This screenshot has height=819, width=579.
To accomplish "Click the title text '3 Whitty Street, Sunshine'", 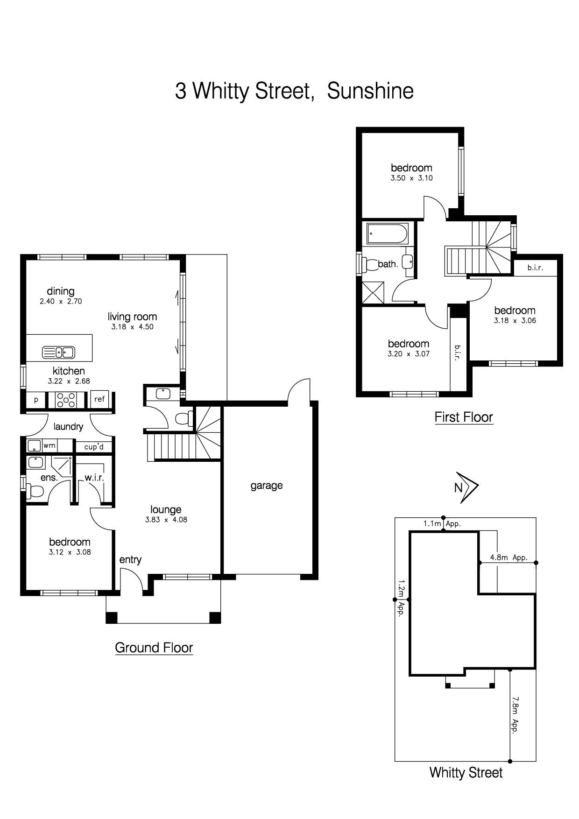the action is point(294,91).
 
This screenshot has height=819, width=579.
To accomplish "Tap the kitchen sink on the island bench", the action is point(58,352).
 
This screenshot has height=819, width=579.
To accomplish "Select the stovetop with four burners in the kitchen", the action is point(66,399).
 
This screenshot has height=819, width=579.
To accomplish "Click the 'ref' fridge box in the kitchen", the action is point(99,399).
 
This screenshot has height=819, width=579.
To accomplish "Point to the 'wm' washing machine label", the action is point(49,445).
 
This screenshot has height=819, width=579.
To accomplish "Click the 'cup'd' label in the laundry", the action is point(94,447).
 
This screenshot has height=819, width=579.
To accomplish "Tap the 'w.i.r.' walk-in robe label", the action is point(94,478).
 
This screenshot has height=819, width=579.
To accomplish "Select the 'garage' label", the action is point(267,486).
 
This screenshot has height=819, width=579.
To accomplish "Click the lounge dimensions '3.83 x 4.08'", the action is point(166,520).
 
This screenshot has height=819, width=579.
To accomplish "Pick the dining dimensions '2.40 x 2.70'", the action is point(61,302).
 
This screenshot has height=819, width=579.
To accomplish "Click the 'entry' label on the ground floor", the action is point(130,560).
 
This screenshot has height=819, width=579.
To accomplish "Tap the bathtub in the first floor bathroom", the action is point(388,233).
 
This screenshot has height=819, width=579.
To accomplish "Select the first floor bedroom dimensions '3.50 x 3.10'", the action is point(411,178).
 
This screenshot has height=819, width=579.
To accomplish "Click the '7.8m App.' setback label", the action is point(515,715).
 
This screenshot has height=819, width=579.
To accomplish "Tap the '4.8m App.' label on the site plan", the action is point(508,558).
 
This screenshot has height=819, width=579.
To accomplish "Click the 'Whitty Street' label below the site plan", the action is point(466,773).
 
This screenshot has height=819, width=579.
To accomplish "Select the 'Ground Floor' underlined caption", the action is point(154,648).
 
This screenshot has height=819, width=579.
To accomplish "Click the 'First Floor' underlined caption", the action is point(464,417).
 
